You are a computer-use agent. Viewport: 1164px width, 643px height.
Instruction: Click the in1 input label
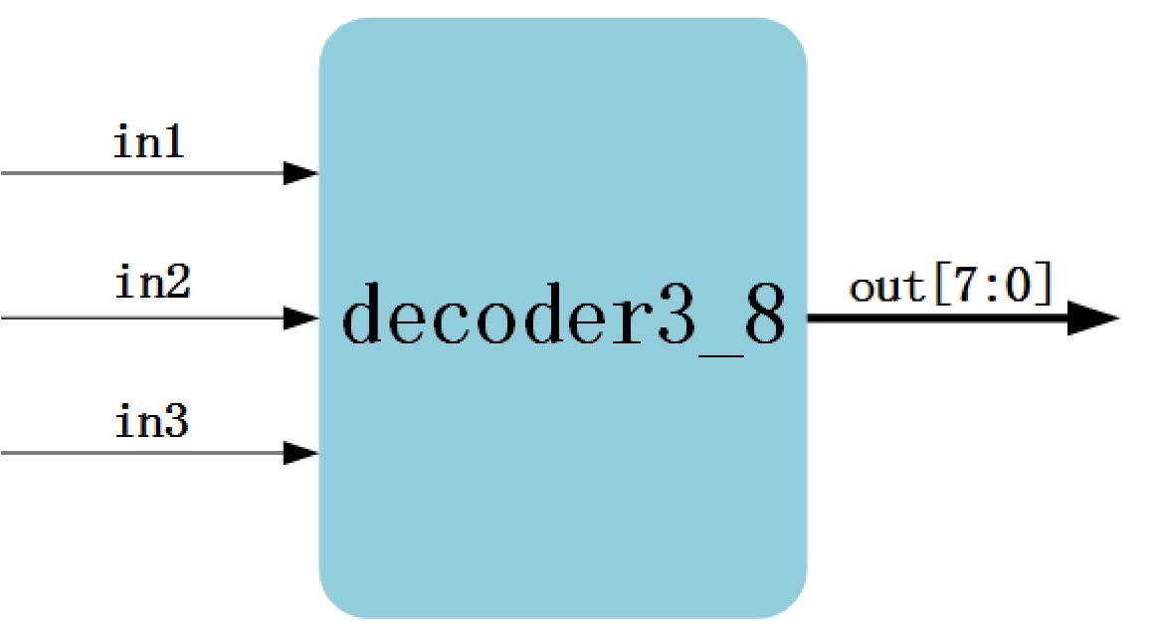click(149, 144)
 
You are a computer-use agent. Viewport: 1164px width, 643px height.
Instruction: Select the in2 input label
click(152, 285)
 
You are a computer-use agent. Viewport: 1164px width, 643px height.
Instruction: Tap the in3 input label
click(152, 424)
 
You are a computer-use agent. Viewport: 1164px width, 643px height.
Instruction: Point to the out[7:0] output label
click(950, 287)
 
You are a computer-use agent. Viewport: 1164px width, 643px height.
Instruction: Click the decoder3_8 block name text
click(563, 315)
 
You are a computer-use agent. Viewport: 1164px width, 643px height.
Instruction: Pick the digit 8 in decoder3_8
click(763, 313)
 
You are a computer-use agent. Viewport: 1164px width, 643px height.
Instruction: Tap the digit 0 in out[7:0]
click(1020, 287)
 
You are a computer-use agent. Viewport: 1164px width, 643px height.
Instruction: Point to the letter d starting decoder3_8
click(364, 313)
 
